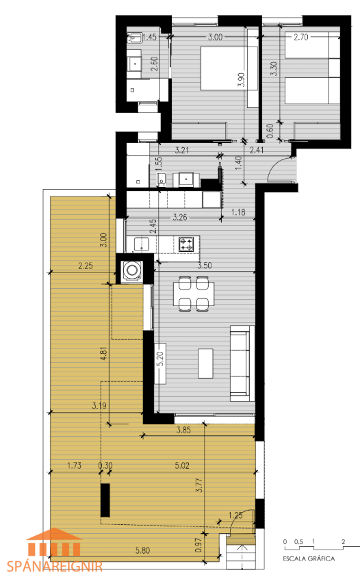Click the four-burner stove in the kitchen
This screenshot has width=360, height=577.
[x=186, y=244]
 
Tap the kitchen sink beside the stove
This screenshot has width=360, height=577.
[x=142, y=244]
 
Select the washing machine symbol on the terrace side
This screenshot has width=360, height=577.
[x=131, y=270]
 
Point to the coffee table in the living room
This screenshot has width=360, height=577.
[x=205, y=363]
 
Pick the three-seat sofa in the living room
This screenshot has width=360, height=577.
[x=242, y=363]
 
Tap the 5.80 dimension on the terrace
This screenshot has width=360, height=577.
[x=142, y=550]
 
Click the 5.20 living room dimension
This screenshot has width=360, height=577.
[x=160, y=359]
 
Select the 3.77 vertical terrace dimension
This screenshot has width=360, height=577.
[x=199, y=485]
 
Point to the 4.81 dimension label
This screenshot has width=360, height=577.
[x=104, y=352]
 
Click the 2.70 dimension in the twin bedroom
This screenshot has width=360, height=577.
[x=300, y=37]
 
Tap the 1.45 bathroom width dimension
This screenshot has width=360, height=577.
[x=149, y=37]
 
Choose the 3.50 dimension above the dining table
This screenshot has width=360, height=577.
[x=204, y=266]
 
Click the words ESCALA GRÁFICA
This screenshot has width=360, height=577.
[x=309, y=559]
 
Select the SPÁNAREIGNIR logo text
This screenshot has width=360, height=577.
[x=55, y=566]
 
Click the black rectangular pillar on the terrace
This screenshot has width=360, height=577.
[x=105, y=500]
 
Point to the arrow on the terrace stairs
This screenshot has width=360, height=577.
[x=242, y=550]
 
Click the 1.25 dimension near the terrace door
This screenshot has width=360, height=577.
[x=235, y=515]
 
